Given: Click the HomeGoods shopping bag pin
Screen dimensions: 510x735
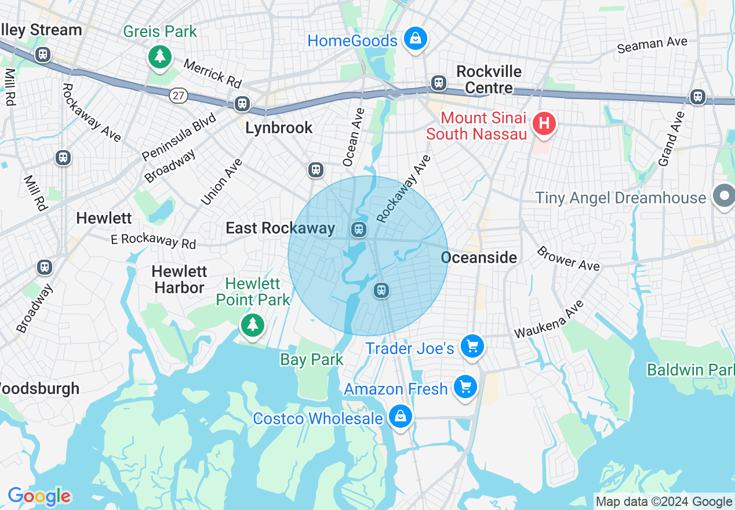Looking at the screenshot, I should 415,39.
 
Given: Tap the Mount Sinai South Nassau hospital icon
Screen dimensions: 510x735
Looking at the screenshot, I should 544,123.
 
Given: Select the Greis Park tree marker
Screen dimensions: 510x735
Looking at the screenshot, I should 159,56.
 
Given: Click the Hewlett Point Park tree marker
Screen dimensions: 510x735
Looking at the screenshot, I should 252,325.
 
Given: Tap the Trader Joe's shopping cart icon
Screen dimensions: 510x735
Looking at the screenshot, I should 472,347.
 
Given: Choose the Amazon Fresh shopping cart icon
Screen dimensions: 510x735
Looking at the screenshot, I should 465,387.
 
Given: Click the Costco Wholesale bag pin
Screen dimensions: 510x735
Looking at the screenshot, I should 400,416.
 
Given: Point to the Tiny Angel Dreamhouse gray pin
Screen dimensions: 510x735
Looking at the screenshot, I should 724,196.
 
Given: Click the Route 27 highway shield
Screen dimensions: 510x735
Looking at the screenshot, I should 179,96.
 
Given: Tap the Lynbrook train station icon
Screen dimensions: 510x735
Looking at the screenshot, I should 242,104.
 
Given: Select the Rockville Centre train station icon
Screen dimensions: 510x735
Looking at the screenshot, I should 438,83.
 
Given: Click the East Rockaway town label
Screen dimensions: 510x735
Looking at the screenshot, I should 281,228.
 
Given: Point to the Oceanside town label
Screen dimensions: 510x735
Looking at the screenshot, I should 479,257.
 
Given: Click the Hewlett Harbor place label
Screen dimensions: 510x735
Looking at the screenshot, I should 179,279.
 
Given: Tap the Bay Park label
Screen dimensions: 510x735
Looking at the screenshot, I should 312,360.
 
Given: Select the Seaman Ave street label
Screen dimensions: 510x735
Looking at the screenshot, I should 652,45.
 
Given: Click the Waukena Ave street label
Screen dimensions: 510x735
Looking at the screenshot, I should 548,320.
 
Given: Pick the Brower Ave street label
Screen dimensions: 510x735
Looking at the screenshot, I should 567,258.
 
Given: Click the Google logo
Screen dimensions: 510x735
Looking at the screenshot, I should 39,497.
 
